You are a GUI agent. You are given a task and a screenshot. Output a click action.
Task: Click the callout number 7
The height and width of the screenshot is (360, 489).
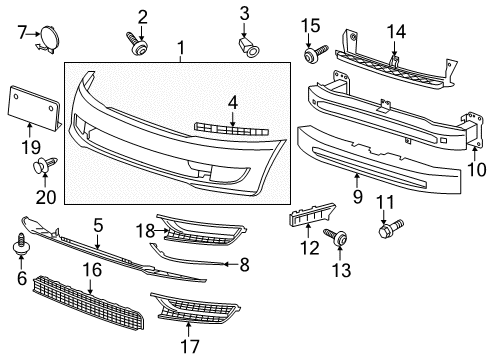click(22, 33)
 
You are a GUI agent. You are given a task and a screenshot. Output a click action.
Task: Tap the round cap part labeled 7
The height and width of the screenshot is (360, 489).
click(49, 39)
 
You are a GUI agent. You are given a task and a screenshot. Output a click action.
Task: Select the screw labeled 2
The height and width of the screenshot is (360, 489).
click(136, 43)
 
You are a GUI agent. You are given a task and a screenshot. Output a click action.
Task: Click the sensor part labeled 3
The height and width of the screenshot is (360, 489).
click(250, 47)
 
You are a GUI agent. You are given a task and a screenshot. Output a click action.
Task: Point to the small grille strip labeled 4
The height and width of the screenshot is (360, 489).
click(231, 129)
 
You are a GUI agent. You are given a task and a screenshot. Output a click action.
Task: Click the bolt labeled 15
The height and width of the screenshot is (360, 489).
click(316, 53)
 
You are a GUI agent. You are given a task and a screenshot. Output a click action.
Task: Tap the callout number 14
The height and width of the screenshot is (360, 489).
click(396, 32)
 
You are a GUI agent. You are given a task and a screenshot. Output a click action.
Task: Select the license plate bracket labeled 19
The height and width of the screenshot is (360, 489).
click(33, 107)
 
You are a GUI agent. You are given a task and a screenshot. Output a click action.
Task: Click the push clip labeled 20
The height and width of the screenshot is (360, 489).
click(45, 165)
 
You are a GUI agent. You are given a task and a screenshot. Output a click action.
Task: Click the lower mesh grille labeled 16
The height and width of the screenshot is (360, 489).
click(89, 303)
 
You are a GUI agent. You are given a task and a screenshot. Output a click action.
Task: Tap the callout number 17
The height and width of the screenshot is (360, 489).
click(190, 347)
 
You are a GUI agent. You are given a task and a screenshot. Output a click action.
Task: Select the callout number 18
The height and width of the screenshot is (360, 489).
click(145, 231)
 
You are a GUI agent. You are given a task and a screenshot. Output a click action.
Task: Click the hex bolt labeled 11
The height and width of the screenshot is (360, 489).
click(391, 228)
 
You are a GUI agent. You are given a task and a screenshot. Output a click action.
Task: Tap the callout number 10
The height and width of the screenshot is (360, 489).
click(477, 170)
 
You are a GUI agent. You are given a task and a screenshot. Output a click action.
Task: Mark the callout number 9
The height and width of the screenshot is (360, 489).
click(357, 197)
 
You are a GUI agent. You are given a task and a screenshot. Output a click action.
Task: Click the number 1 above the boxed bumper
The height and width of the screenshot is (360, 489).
click(181, 48)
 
